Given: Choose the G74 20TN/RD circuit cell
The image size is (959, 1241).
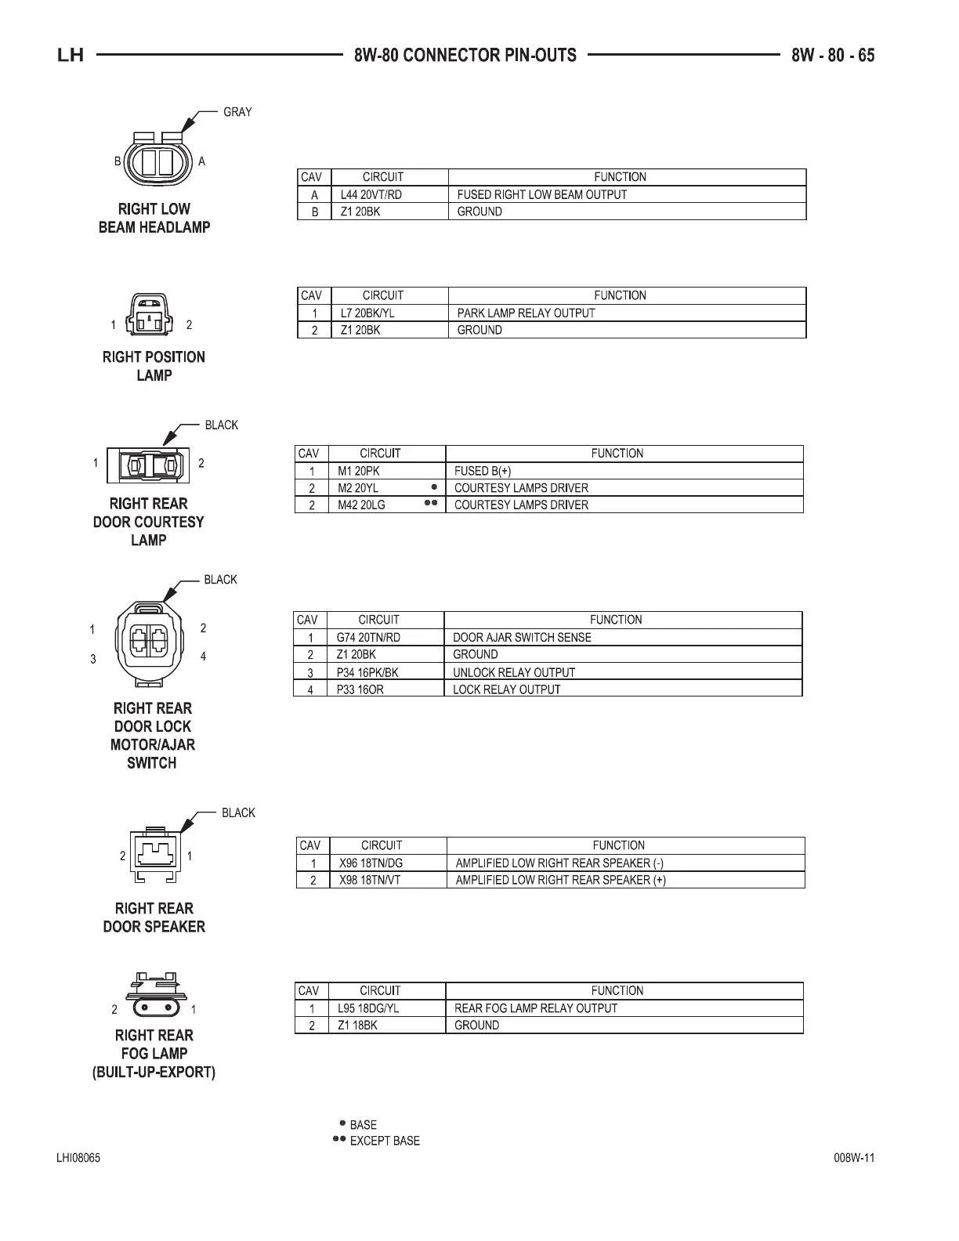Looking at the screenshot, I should (367, 637).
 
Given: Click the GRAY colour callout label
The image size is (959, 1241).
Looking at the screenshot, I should (237, 112).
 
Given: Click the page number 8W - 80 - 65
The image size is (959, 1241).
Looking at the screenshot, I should (832, 56).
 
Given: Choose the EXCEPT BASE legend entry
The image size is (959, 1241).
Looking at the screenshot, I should (384, 1141).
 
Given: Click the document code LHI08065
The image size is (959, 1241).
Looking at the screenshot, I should (78, 1159).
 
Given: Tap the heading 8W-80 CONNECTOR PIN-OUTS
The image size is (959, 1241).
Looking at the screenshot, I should (465, 56).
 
